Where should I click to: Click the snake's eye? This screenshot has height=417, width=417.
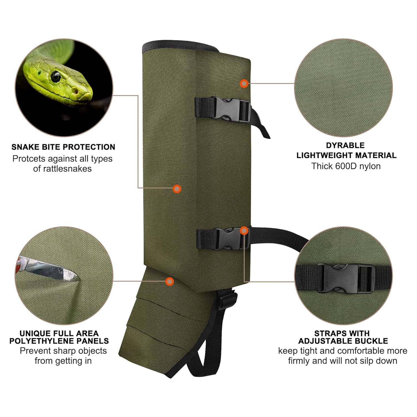(x=56, y=76)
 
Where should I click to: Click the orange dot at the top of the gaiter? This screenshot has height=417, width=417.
(x=244, y=83)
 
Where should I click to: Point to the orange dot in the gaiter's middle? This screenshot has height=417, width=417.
(x=177, y=189)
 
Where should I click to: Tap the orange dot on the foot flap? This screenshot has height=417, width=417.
(x=169, y=281)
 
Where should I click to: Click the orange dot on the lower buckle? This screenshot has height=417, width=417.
(x=244, y=230)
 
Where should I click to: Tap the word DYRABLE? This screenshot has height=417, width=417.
(x=345, y=145)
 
